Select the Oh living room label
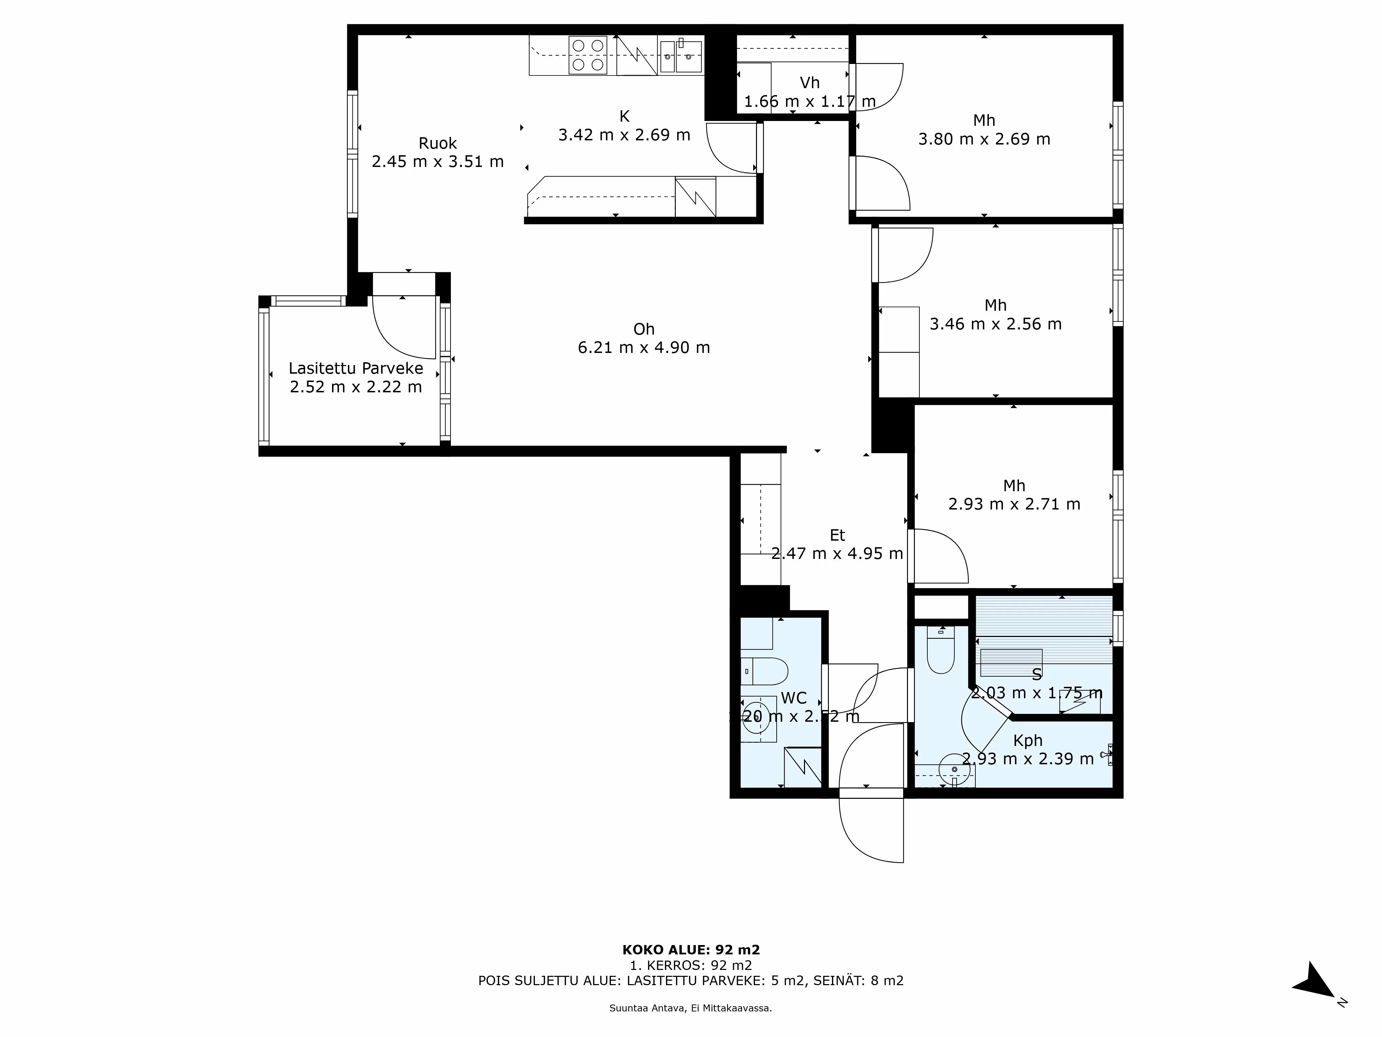[644, 329]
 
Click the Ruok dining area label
[437, 143]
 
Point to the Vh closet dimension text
[810, 101]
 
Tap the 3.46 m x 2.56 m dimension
[995, 324]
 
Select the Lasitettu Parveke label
[356, 368]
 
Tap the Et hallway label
[837, 535]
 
